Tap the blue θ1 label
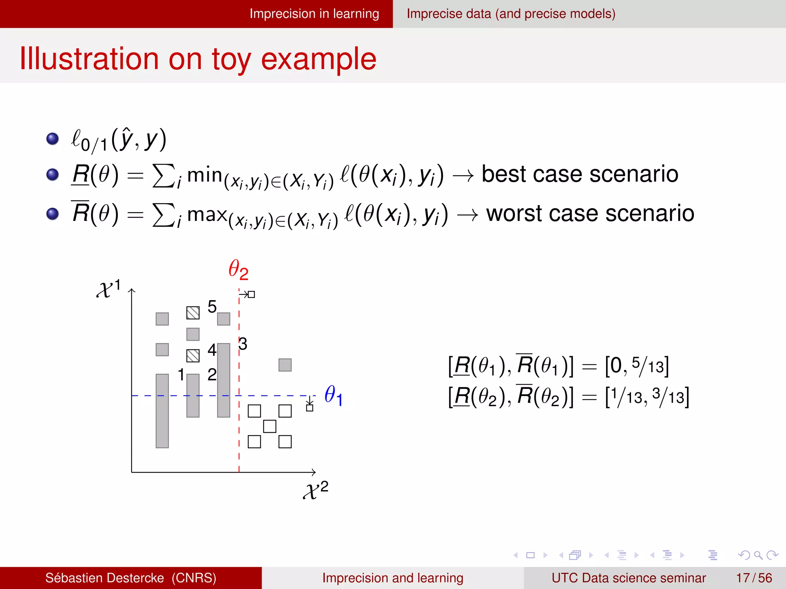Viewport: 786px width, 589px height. pos(333,395)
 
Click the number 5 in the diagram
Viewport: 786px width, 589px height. pos(212,307)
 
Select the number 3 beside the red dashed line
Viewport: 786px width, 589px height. pos(243,344)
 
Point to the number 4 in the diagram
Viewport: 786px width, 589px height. pos(212,350)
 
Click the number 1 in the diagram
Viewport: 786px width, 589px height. pos(181,374)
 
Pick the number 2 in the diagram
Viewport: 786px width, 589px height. pos(212,374)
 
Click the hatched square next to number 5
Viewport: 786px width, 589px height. pos(193,313)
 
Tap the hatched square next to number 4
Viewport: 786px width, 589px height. pos(193,356)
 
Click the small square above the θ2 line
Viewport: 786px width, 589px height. pos(251,294)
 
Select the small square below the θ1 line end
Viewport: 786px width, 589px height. pos(310,408)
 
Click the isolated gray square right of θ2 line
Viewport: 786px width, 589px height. pos(285,365)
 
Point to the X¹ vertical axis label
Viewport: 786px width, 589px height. pos(109,288)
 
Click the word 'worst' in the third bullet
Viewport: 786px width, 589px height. pos(514,213)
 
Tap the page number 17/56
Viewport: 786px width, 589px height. pos(754,578)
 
